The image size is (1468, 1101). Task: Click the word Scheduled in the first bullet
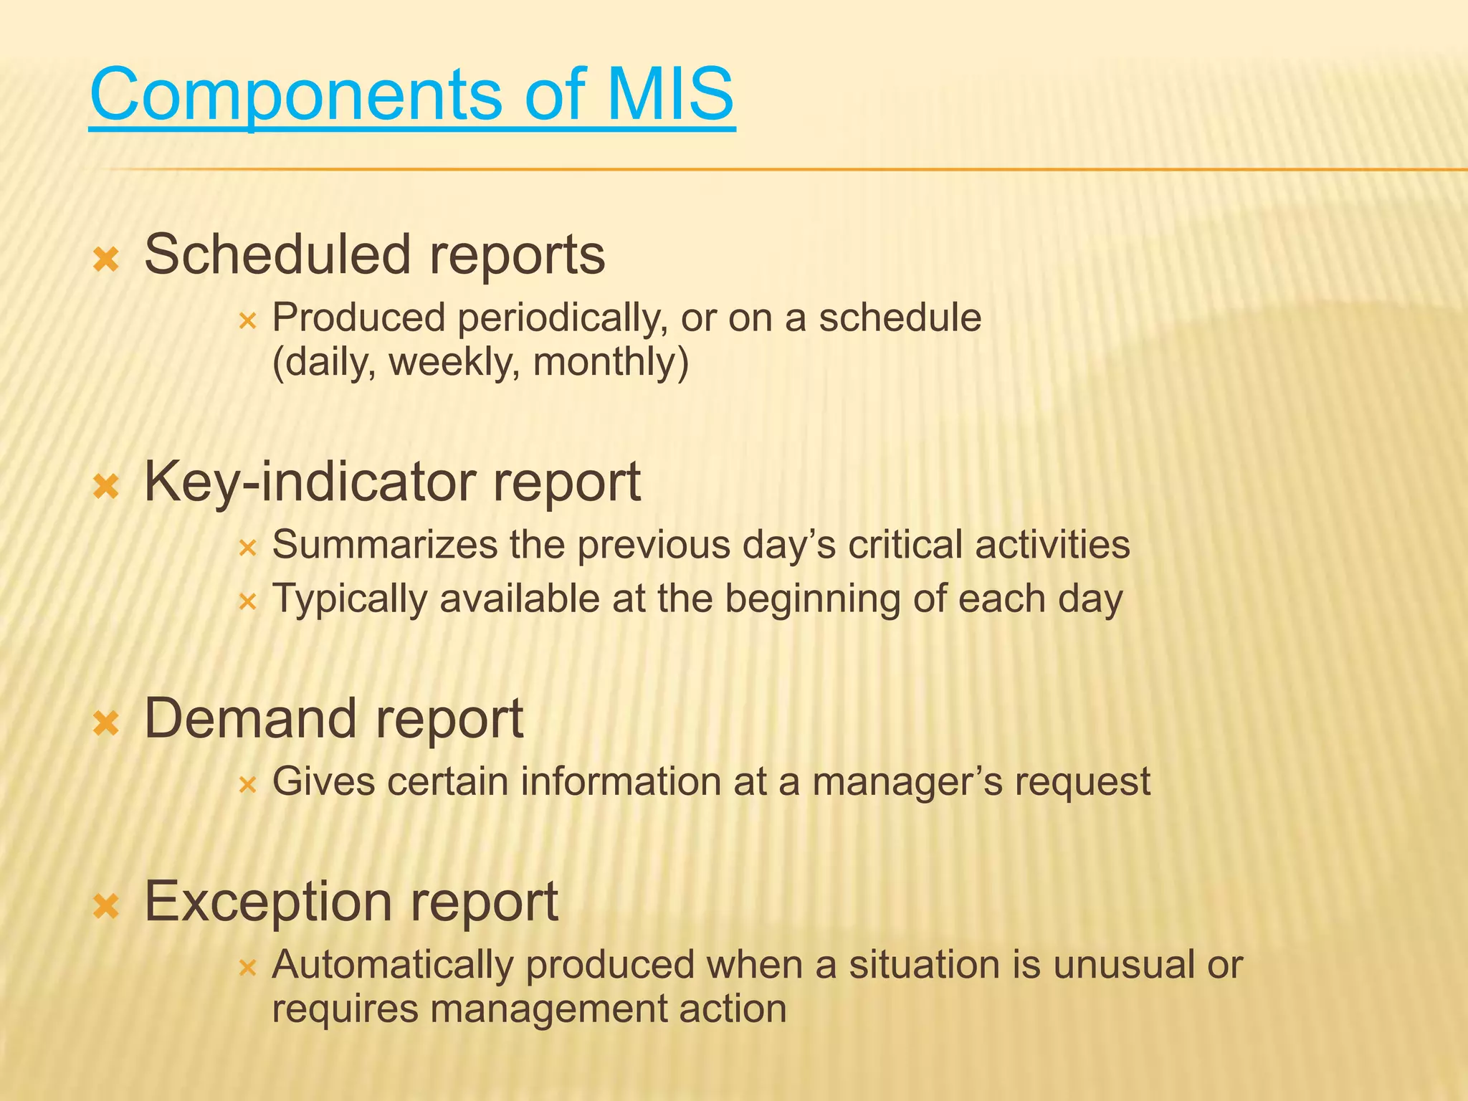click(x=277, y=254)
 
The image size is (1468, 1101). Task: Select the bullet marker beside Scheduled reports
click(x=106, y=259)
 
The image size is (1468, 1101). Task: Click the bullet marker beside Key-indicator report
click(x=106, y=487)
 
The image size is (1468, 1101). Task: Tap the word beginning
click(x=813, y=599)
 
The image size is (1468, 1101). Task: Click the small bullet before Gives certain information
click(x=247, y=785)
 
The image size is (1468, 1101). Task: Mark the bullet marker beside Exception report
click(x=106, y=907)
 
